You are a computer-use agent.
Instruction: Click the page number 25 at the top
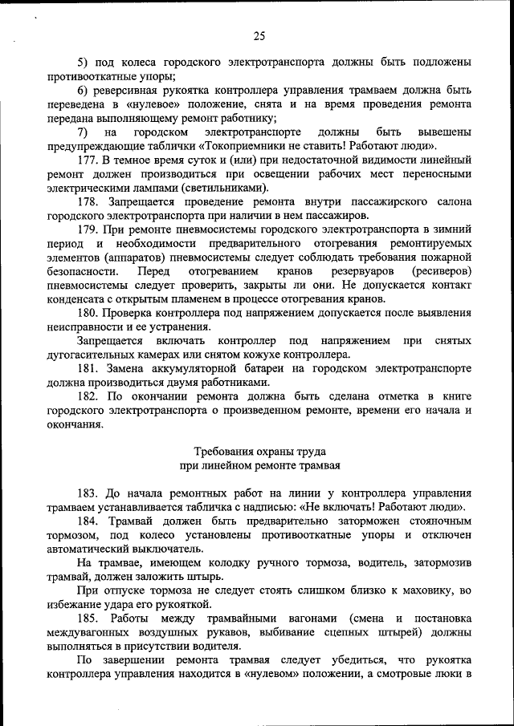[259, 35]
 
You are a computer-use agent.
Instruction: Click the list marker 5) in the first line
[83, 62]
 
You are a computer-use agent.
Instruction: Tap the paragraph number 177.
[88, 160]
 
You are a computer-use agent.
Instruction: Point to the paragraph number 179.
[88, 230]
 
